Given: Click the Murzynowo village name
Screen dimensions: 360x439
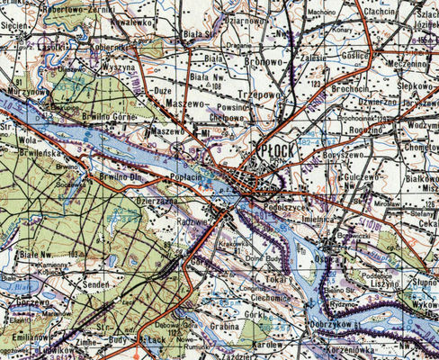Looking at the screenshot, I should pos(26,90).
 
